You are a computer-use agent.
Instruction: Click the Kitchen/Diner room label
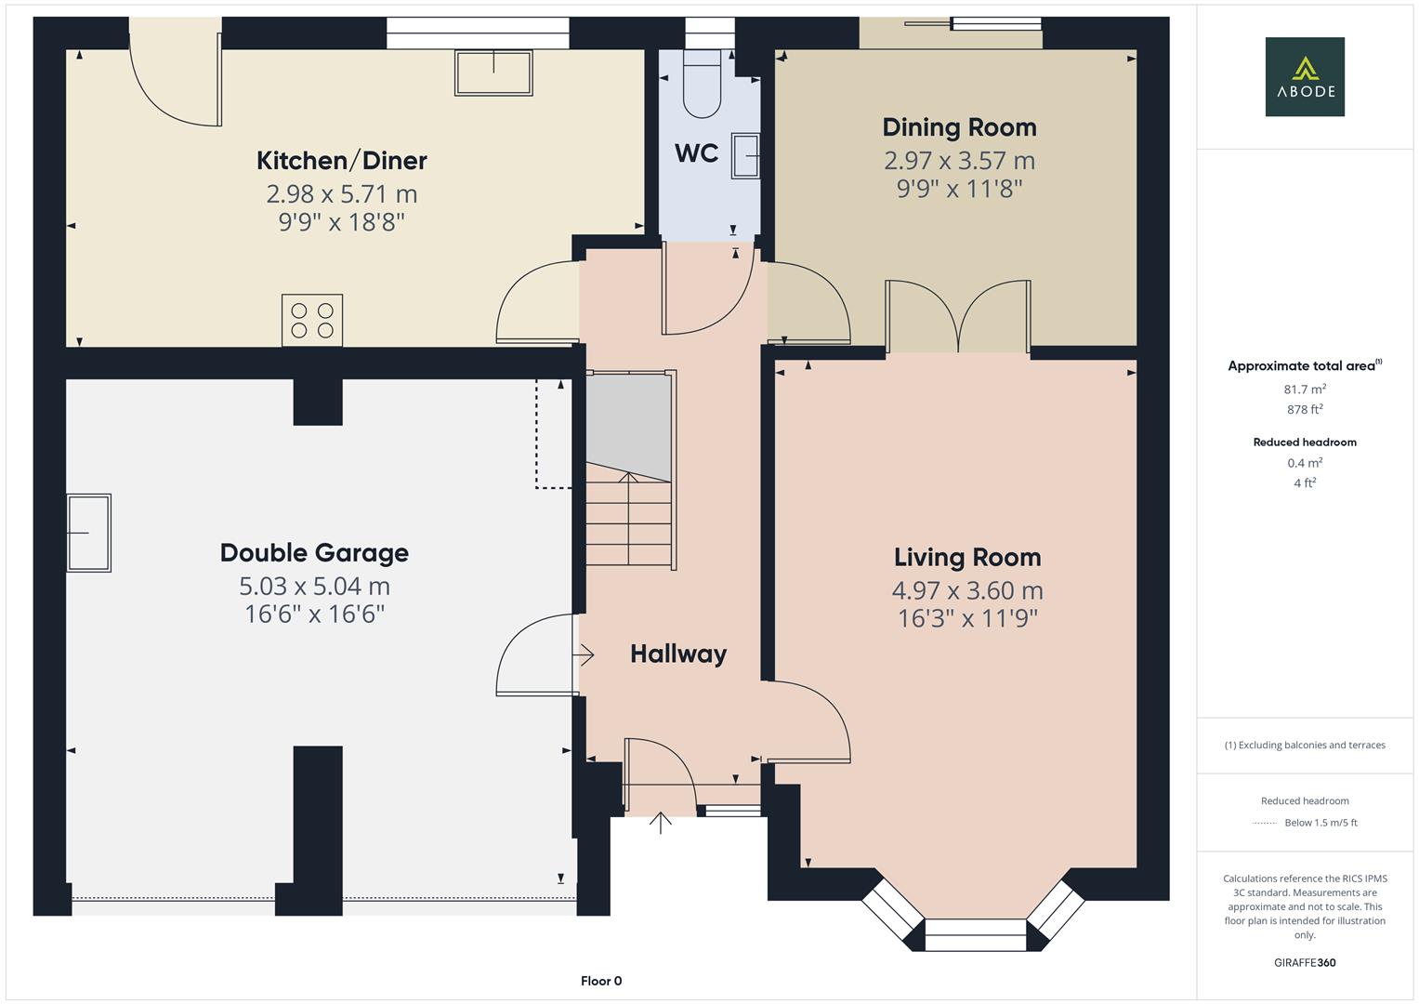[x=341, y=161]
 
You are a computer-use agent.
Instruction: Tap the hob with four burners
[x=312, y=320]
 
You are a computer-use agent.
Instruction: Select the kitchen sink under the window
[x=493, y=73]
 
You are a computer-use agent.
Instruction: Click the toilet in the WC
[x=703, y=83]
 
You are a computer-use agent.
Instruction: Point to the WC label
[x=696, y=153]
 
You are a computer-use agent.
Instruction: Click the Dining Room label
[x=959, y=127]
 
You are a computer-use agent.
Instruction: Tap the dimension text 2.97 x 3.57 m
[x=959, y=161]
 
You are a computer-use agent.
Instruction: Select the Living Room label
[x=967, y=558]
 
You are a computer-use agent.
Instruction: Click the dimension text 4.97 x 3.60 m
[x=967, y=590]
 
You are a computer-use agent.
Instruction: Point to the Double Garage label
[x=314, y=553]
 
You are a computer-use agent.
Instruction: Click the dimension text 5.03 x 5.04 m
[x=314, y=587]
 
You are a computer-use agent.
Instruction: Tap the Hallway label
[x=678, y=654]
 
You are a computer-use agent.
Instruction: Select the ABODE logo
[x=1305, y=76]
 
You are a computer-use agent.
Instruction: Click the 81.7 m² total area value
[x=1305, y=389]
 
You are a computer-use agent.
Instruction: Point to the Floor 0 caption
[x=601, y=981]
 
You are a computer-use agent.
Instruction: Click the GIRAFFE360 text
[x=1305, y=963]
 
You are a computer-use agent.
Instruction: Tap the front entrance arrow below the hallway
[x=660, y=823]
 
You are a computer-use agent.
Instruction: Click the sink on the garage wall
[x=88, y=533]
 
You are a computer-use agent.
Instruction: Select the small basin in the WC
[x=745, y=155]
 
